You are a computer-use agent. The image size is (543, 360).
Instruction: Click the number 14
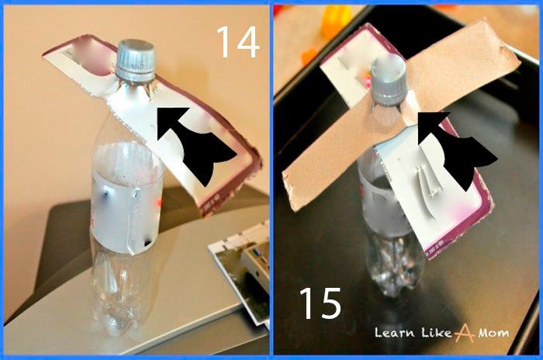(x=238, y=42)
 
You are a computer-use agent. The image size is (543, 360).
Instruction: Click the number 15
(x=320, y=303)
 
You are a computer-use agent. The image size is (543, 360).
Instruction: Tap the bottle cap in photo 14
(x=135, y=61)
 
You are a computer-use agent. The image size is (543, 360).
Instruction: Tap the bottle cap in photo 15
(x=388, y=80)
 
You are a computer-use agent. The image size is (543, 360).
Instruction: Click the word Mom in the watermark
(x=493, y=333)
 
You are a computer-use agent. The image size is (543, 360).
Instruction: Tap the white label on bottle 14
(x=126, y=198)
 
